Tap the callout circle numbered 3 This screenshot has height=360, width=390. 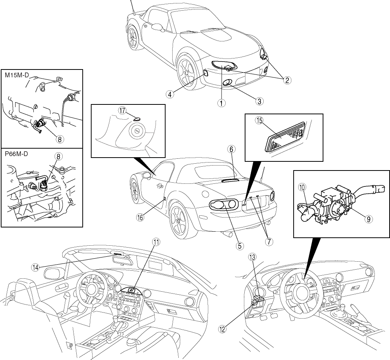point(259,101)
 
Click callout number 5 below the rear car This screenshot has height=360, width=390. point(239,245)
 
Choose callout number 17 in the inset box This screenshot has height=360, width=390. point(122,111)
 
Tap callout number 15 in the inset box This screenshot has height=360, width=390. point(259,120)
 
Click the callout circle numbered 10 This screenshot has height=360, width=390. point(302,187)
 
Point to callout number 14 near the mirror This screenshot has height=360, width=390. point(35,267)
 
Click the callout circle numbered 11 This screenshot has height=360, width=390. point(156,242)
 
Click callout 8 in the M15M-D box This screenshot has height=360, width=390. point(59,139)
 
